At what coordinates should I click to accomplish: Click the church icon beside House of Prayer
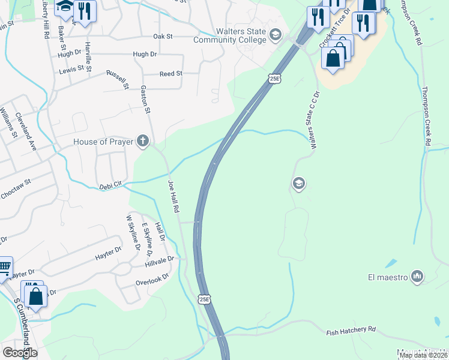(142, 142)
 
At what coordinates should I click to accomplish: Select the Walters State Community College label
(229, 35)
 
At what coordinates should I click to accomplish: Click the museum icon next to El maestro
(418, 277)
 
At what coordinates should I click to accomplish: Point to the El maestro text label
(388, 277)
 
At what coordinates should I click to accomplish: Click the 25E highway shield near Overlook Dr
(205, 299)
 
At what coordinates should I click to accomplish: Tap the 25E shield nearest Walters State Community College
(274, 79)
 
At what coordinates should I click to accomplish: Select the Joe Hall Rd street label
(174, 197)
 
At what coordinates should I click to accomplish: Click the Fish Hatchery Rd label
(351, 331)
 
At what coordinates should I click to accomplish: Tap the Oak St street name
(163, 37)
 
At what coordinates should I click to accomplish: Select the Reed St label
(170, 74)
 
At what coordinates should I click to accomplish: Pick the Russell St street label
(118, 79)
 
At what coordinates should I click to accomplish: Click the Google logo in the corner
(19, 352)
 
